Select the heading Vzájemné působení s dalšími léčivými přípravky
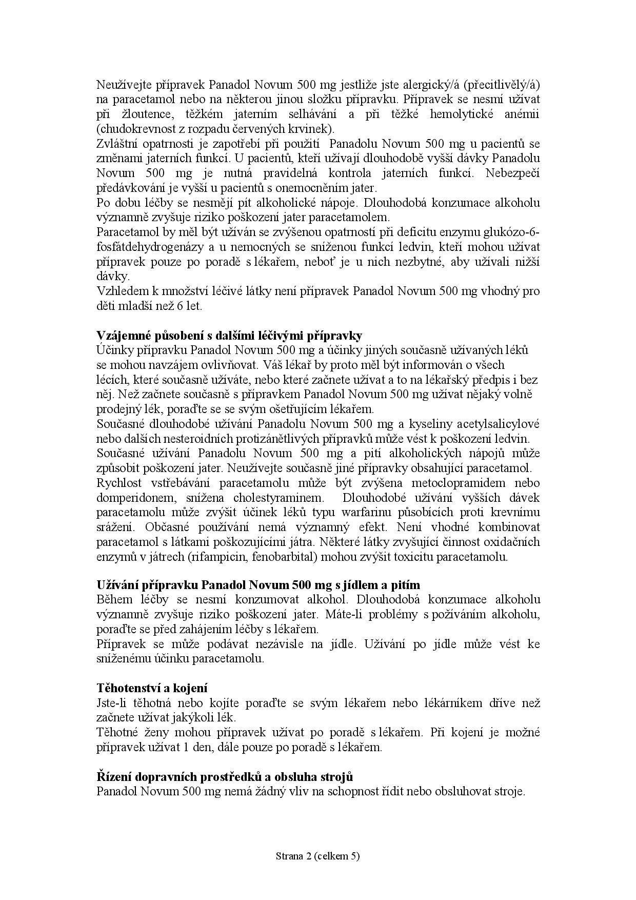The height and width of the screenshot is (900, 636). pos(229,336)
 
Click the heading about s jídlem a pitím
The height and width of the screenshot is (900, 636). pos(258,585)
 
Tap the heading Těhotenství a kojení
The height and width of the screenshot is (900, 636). pos(152,688)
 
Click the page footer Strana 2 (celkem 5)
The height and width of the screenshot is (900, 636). pos(318,855)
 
